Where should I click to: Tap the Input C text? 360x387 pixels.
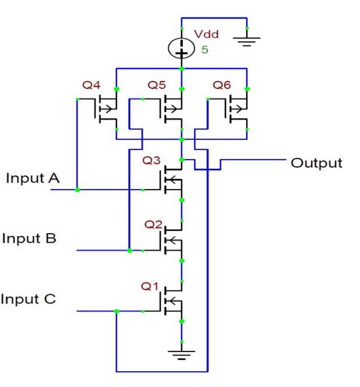tap(28, 298)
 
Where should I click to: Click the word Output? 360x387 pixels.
tap(316, 163)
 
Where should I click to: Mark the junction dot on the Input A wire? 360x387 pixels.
tap(77, 190)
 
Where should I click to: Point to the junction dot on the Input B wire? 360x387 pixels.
tap(130, 250)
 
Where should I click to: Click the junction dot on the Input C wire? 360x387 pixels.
tap(116, 311)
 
